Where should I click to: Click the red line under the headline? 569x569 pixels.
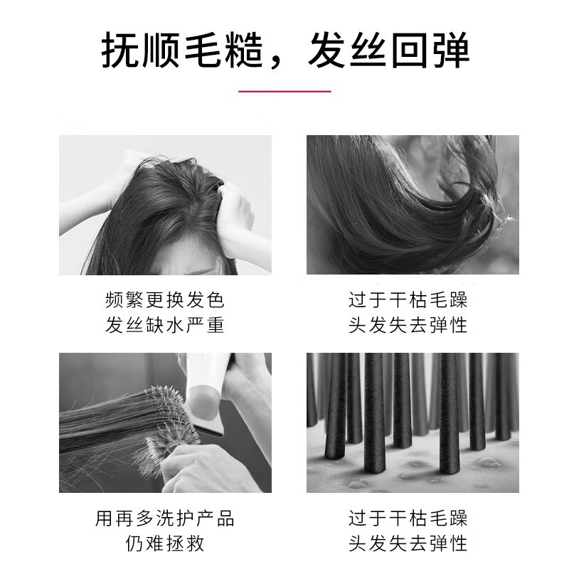[x=284, y=92]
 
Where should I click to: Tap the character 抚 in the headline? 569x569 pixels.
[x=120, y=50]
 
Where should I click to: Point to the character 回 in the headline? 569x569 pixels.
[x=410, y=50]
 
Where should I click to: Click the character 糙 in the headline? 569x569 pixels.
[x=243, y=50]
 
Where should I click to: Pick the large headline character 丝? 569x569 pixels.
[x=368, y=50]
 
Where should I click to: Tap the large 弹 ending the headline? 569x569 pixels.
[x=451, y=50]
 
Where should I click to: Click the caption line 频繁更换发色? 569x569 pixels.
[x=165, y=300]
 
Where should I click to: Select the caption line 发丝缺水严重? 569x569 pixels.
[x=165, y=324]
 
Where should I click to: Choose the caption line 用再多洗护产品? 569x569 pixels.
[x=165, y=519]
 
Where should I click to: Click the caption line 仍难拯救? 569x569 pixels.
[x=165, y=543]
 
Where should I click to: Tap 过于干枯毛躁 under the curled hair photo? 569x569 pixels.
[x=408, y=300]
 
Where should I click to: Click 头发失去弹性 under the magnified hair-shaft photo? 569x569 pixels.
[x=408, y=543]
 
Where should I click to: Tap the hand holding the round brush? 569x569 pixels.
[x=203, y=468]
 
